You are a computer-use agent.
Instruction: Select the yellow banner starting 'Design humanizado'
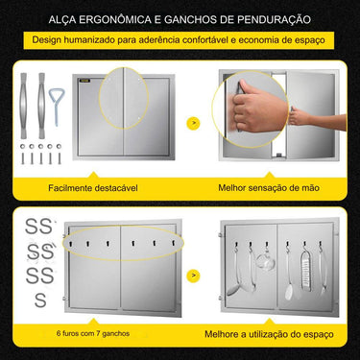tap(179, 42)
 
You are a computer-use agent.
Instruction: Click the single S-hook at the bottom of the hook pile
tap(39, 300)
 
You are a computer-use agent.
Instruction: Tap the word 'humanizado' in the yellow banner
tap(100, 42)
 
